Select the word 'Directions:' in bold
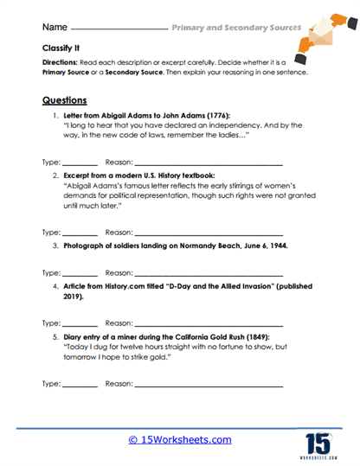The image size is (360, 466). (x=60, y=64)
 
